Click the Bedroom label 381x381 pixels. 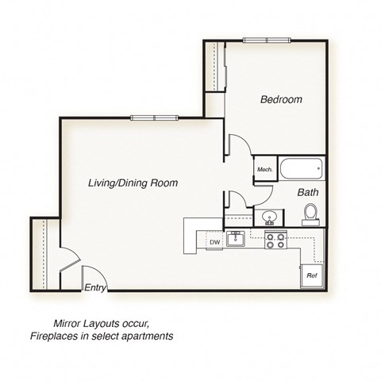[x=281, y=100]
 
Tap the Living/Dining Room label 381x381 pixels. [x=133, y=183]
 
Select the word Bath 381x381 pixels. [x=308, y=193]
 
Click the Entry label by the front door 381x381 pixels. [x=95, y=288]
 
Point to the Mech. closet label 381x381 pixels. [x=264, y=170]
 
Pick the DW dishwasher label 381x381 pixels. [x=214, y=242]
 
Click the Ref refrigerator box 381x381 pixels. [x=312, y=275]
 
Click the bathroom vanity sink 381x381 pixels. [x=269, y=217]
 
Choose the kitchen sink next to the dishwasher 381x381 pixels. [x=235, y=238]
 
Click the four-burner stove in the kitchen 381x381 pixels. [x=275, y=240]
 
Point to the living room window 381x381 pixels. [x=152, y=118]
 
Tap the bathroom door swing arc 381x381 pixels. [x=262, y=194]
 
